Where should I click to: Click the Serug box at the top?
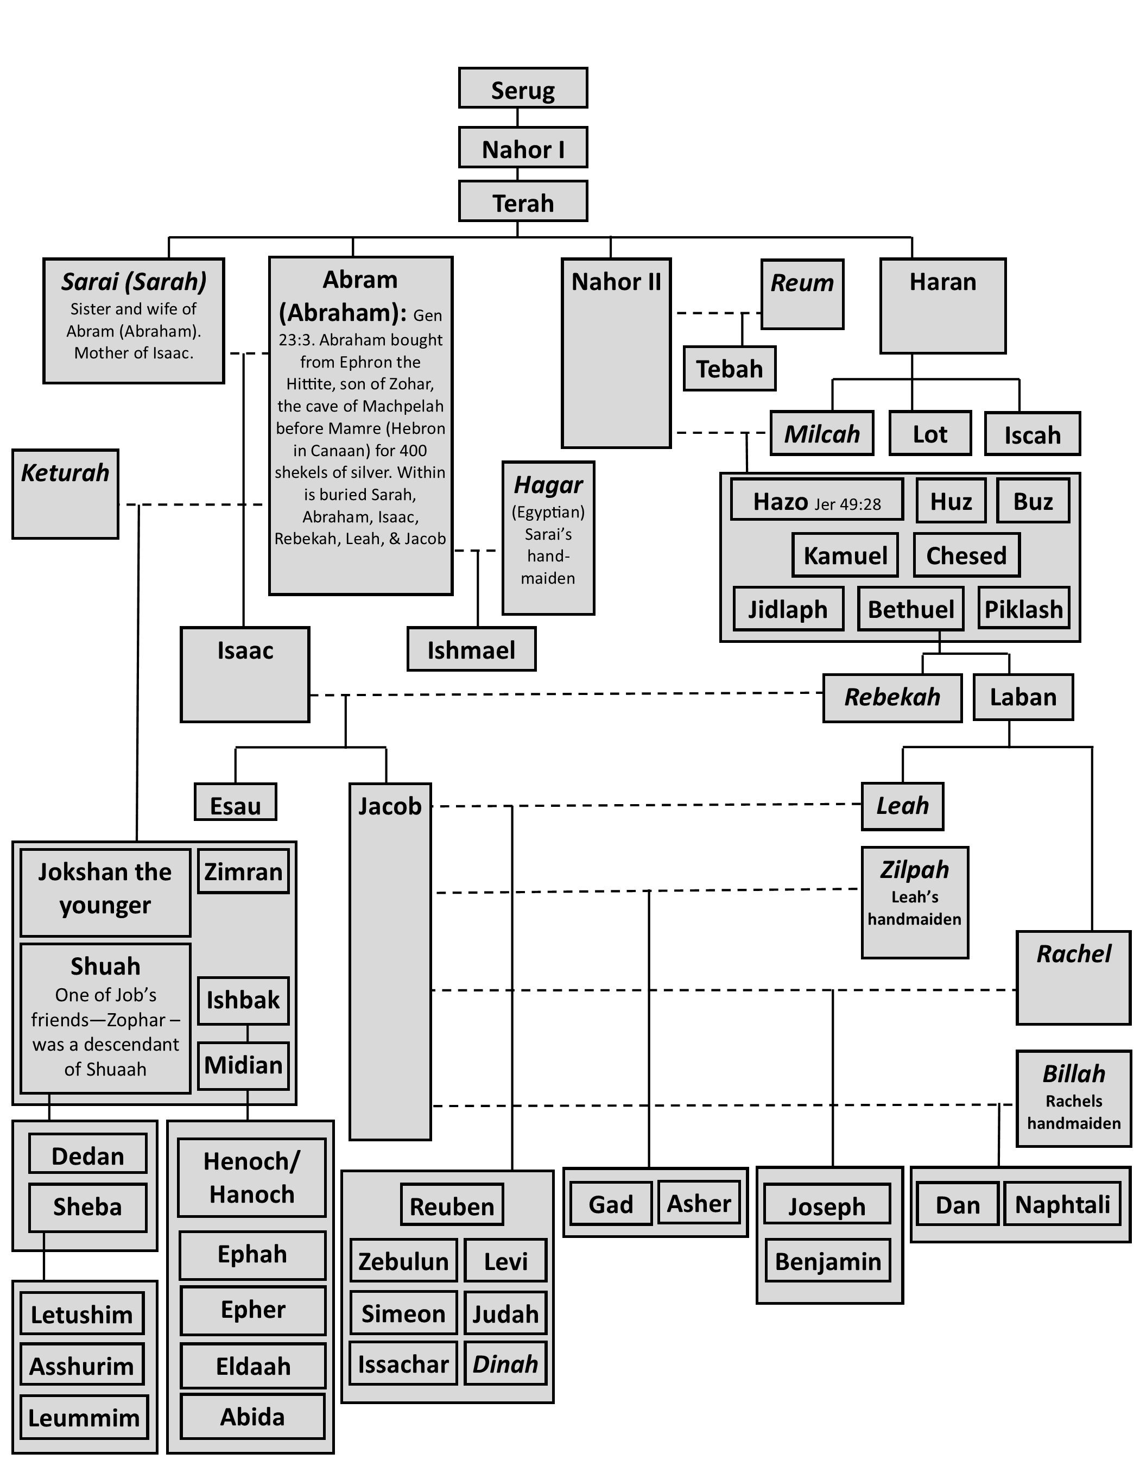pos(523,88)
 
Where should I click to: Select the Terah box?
pos(523,201)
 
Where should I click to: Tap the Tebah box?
pos(730,369)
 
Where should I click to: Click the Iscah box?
pos(1032,434)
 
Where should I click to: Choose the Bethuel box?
pos(910,609)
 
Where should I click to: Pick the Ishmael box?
pos(471,649)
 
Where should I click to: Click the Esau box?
pos(236,802)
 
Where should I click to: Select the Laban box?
pos(1023,697)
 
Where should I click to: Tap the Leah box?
pos(902,806)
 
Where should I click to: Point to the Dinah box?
pos(505,1364)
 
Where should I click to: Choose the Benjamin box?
pos(827,1261)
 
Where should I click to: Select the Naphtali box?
pos(1062,1204)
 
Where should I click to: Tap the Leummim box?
pos(84,1418)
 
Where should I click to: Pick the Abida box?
pos(252,1417)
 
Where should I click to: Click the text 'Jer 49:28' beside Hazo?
pos(847,504)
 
